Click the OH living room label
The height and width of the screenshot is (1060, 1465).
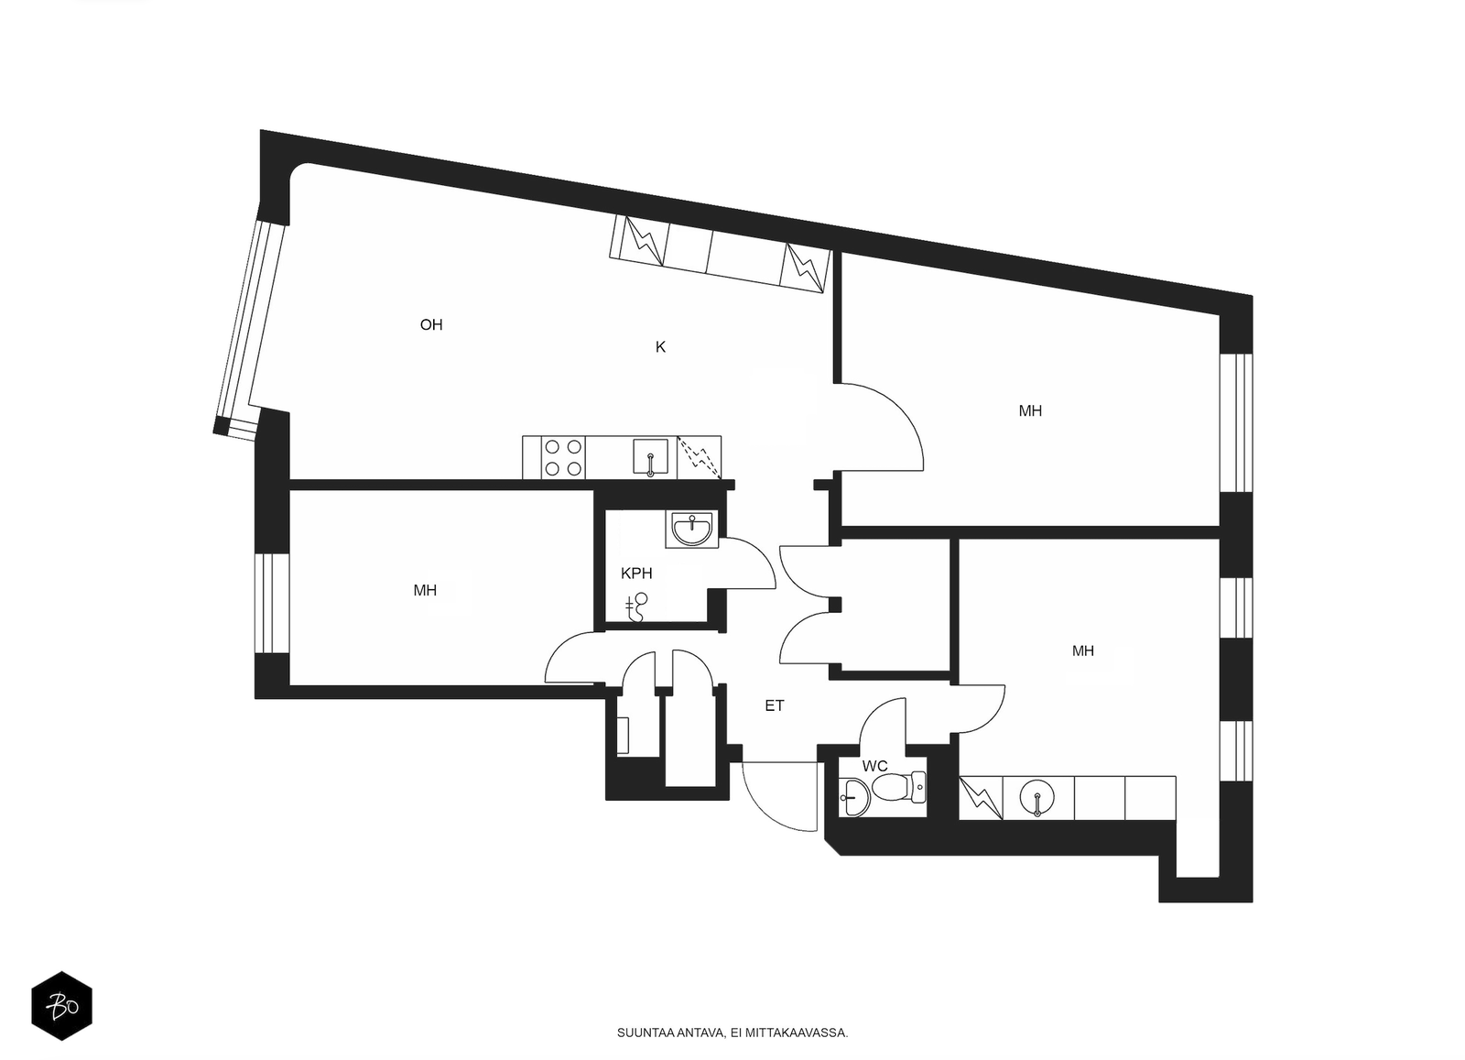431,324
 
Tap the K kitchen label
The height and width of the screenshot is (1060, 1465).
660,347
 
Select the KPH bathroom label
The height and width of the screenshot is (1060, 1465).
636,574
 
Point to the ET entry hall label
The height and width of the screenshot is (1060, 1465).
775,705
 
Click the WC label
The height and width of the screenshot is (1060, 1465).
875,766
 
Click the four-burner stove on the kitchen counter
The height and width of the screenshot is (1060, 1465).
563,457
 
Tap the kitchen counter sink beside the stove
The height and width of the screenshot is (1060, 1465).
651,457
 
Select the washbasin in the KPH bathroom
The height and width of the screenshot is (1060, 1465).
692,529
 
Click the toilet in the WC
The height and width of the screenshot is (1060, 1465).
899,788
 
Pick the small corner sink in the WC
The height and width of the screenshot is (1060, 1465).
854,798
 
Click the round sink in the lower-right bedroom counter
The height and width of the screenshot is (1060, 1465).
1037,798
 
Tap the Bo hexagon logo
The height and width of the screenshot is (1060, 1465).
61,1006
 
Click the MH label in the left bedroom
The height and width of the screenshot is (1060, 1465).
425,591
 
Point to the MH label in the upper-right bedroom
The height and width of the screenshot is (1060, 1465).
1030,411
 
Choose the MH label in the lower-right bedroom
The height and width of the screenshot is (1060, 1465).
1083,651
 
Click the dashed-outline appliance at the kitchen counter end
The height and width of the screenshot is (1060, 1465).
700,457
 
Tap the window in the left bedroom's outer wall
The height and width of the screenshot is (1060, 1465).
271,603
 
